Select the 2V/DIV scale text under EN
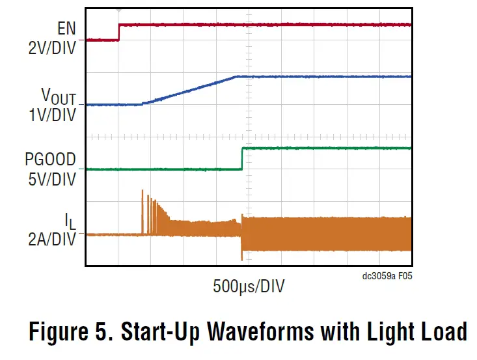(53, 48)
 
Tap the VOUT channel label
(59, 96)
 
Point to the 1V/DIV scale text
(53, 115)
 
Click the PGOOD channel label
(50, 159)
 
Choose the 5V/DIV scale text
(53, 178)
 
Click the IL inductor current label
(70, 221)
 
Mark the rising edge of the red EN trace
(118, 33)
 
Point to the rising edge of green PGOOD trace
(242, 159)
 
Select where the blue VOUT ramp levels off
(236, 77)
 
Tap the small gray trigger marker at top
(118, 10)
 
